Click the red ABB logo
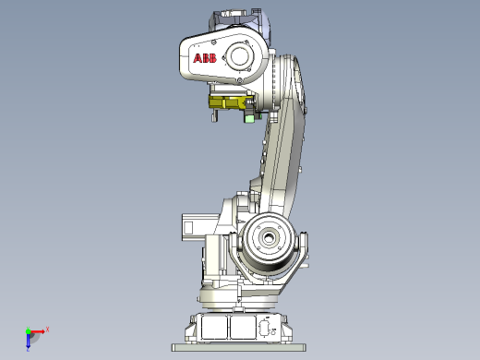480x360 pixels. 205,58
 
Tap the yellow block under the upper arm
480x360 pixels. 228,102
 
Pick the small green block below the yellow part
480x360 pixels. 248,118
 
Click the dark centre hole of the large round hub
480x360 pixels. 269,237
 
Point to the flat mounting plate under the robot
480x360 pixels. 239,348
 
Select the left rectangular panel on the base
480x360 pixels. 214,328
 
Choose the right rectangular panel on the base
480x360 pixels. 243,328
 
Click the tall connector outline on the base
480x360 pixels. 264,328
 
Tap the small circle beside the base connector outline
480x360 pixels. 273,332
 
